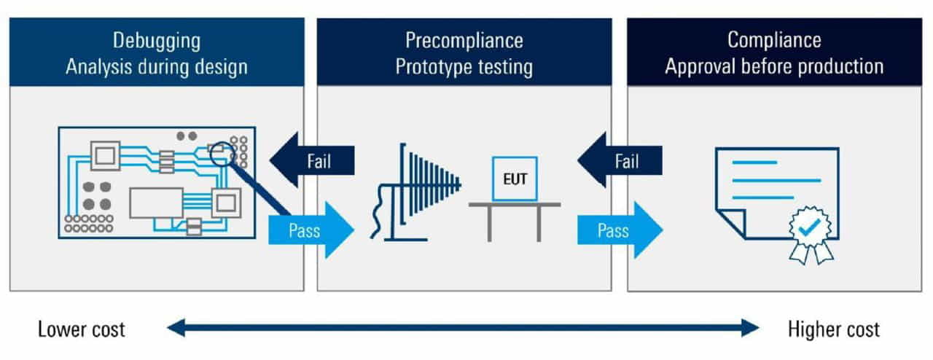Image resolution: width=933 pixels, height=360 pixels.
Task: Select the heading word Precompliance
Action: tap(464, 39)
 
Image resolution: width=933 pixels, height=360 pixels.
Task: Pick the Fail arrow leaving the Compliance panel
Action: tap(620, 160)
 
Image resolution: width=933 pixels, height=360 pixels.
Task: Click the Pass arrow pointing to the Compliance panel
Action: tap(620, 231)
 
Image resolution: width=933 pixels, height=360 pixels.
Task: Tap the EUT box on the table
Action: tap(515, 179)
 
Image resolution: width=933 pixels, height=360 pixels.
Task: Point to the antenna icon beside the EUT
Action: tap(423, 187)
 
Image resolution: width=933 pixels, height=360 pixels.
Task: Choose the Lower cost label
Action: tap(82, 329)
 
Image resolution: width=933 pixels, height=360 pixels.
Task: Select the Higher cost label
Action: tap(834, 329)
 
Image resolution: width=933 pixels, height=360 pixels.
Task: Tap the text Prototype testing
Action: tap(464, 67)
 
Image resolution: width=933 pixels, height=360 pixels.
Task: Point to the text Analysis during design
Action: tap(156, 67)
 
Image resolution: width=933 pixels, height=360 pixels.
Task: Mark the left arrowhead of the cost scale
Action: tap(175, 329)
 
